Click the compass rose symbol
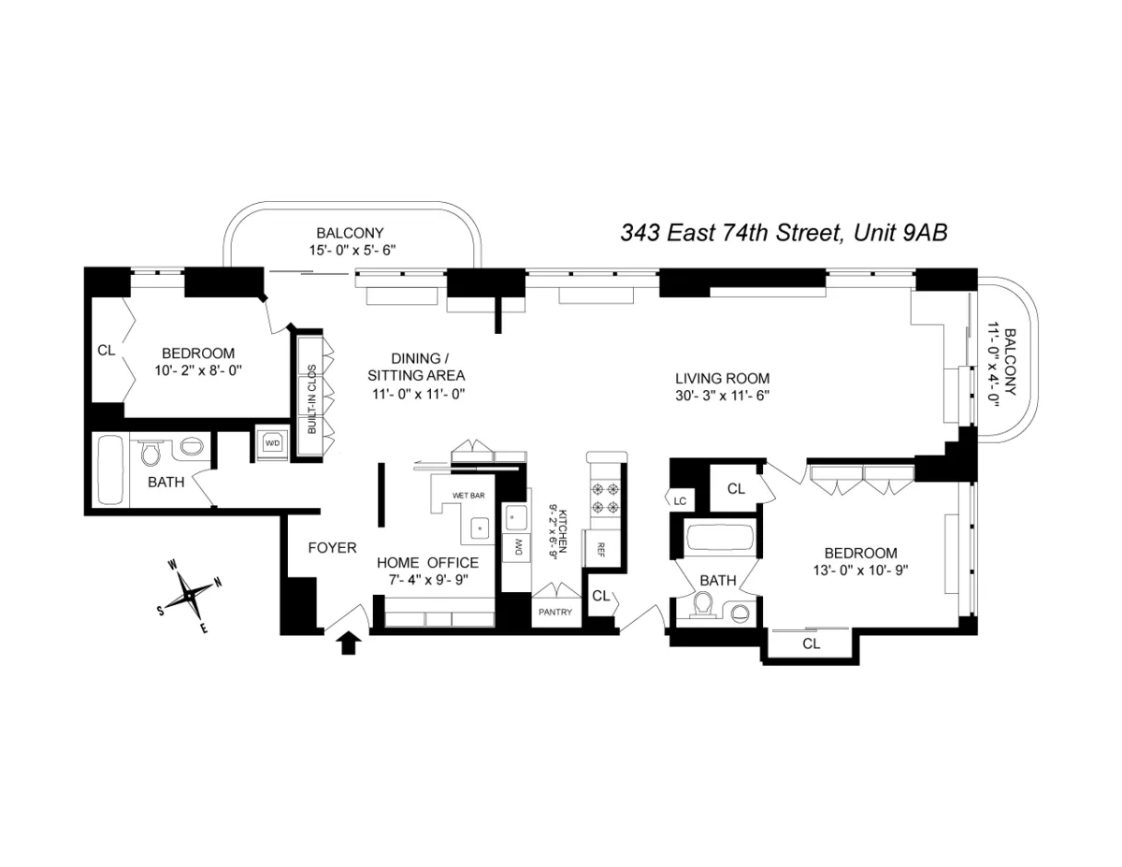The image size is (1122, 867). [190, 594]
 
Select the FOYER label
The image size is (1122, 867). [332, 548]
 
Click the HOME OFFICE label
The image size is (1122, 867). [427, 563]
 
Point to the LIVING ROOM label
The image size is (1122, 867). [723, 379]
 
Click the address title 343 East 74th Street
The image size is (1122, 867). [784, 233]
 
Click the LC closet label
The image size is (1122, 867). [680, 501]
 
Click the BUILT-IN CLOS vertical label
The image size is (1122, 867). [310, 398]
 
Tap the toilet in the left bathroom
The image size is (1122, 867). [150, 455]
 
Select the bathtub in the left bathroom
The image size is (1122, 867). [110, 470]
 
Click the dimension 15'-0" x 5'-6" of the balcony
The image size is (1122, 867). [350, 251]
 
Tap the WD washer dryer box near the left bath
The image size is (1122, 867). [273, 442]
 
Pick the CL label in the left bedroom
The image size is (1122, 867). [106, 351]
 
